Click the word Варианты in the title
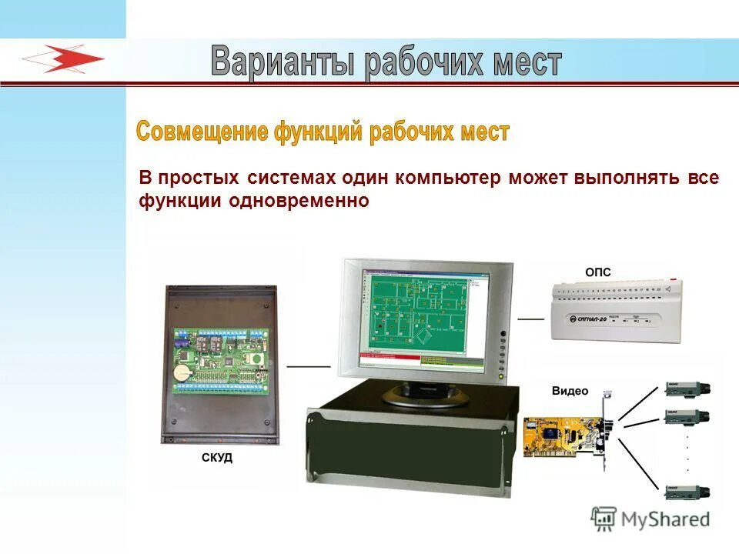pos(282,62)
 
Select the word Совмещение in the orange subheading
pos(202,131)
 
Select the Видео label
pos(569,391)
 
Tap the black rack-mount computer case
pos(408,454)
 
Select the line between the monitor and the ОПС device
pos(530,317)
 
